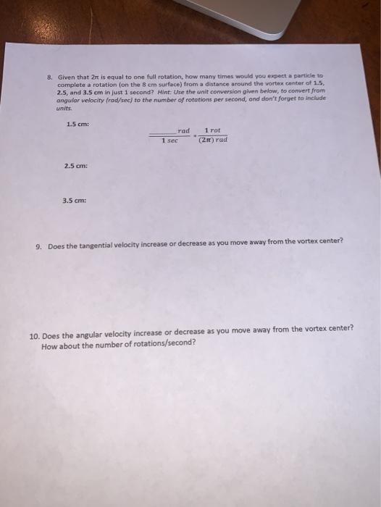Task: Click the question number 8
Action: [49, 75]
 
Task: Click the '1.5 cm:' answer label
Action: [76, 122]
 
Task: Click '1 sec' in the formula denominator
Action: [169, 141]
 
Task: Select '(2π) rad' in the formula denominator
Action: [213, 140]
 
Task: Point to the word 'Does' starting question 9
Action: [56, 246]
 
